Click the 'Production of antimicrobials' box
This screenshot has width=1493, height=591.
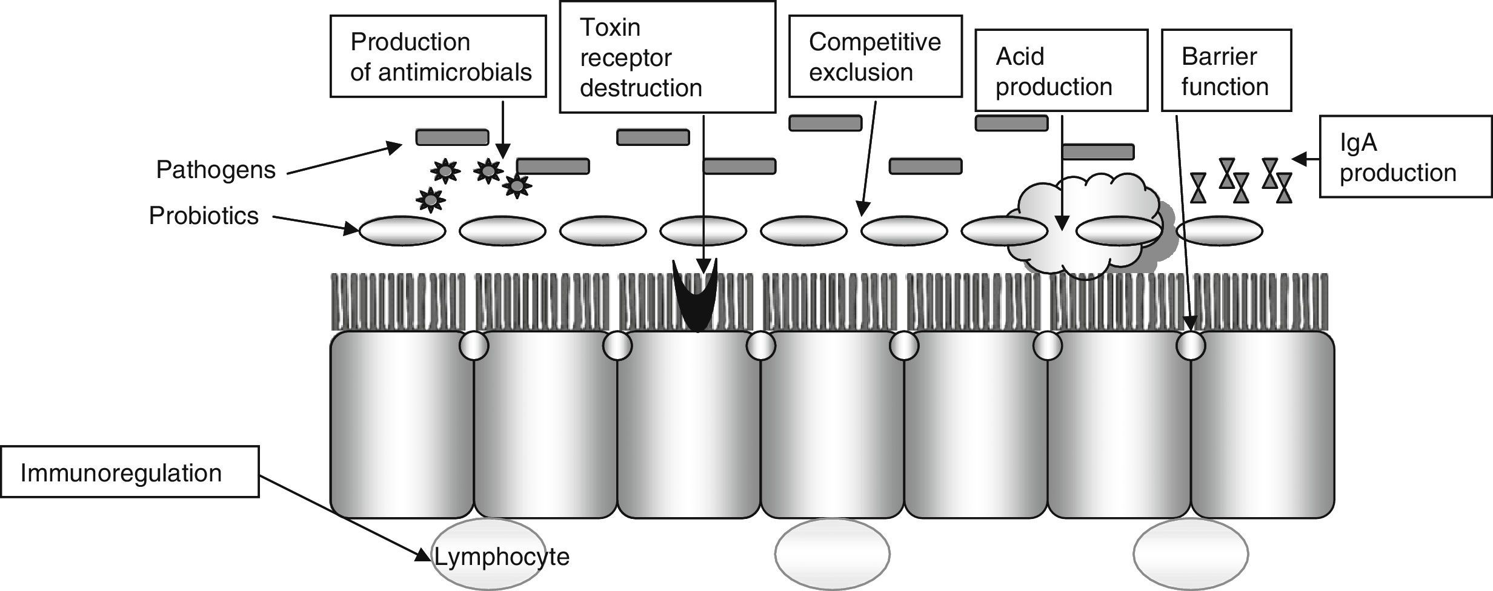[438, 56]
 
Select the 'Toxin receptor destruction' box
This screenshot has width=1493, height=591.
[667, 57]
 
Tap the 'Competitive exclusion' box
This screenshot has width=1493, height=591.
[876, 56]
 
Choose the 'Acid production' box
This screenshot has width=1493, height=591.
[1062, 70]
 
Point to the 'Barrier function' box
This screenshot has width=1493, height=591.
[1226, 70]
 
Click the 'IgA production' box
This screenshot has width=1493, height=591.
[1406, 157]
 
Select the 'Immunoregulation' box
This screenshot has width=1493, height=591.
[130, 472]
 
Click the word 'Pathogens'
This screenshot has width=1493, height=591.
[216, 170]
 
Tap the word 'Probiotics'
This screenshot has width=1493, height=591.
[204, 216]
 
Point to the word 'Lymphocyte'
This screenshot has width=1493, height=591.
[502, 557]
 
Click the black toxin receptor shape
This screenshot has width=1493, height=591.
[696, 295]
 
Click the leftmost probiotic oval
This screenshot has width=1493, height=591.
[402, 231]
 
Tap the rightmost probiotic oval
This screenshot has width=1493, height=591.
[1219, 231]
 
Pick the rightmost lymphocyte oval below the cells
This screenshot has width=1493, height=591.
[1191, 553]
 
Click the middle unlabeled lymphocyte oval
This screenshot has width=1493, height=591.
[833, 553]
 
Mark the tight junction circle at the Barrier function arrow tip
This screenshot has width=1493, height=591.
[1191, 346]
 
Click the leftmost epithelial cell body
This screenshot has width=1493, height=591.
[402, 424]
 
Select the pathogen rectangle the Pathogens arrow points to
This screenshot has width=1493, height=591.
[452, 137]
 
